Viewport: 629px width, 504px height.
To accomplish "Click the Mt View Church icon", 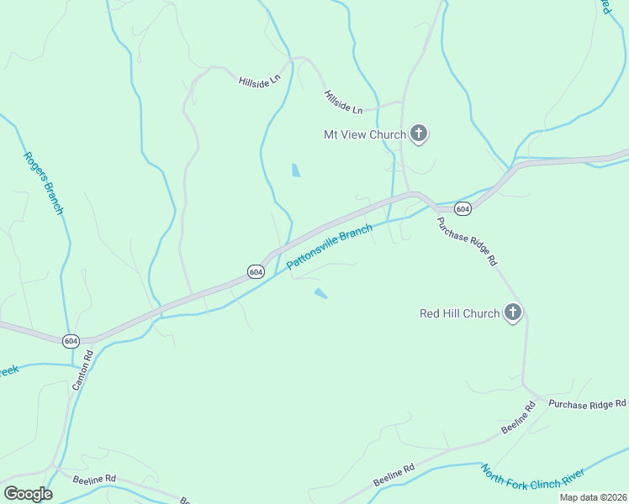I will point(419,134).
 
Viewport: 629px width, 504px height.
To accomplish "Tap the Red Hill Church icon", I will point(512,313).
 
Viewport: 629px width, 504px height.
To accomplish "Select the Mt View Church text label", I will point(364,134).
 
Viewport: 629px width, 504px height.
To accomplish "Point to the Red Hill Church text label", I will point(459,314).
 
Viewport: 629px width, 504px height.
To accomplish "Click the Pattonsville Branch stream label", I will point(330,247).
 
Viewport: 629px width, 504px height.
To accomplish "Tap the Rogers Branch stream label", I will point(43,182).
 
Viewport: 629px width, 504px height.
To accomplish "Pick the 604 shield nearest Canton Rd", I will point(71,340).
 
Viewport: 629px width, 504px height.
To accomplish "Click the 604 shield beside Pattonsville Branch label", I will point(256,271).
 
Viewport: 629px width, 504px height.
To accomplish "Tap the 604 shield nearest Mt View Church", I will point(462,207).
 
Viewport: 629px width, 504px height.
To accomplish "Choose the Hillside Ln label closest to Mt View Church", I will point(343,103).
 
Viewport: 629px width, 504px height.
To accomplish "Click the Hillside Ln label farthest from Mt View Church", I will point(258,82).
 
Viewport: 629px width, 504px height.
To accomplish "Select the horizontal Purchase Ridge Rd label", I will point(587,405).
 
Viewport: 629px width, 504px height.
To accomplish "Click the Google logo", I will point(28,494).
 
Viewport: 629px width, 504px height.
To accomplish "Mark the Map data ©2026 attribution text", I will point(593,497).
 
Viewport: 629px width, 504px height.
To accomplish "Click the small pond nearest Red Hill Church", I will point(320,293).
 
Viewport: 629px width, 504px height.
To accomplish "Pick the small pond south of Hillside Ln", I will point(295,170).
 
